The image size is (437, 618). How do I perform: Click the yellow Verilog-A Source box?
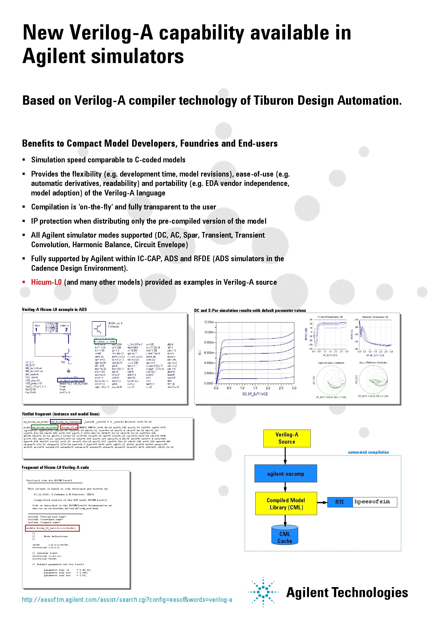(287, 438)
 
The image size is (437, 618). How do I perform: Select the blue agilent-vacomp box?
(285, 474)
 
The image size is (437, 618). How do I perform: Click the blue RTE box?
(340, 502)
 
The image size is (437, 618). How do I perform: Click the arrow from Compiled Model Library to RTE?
(322, 502)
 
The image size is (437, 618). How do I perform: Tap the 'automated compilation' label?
(368, 452)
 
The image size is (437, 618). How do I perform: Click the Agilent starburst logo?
(263, 592)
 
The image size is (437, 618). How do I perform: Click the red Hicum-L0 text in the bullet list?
(46, 282)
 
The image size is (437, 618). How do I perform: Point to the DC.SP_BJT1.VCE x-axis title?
(255, 394)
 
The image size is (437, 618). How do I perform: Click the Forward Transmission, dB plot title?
(330, 317)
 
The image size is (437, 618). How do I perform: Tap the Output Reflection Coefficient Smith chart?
(373, 380)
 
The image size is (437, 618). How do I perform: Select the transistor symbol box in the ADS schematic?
(99, 329)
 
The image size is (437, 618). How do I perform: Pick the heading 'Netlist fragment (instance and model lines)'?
(61, 414)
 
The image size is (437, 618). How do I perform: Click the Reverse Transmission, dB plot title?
(375, 317)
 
